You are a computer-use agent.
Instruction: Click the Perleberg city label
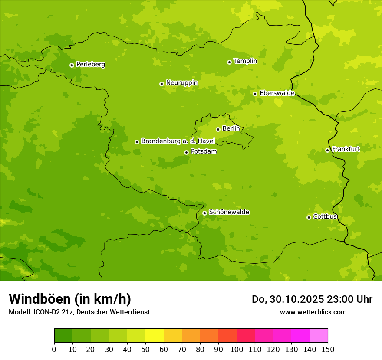[90, 65]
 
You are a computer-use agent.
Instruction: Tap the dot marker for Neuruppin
[161, 84]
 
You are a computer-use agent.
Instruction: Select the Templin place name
[245, 61]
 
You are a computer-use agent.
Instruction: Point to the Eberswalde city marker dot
[255, 94]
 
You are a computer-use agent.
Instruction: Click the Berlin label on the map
[231, 128]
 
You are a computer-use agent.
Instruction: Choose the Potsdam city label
[204, 151]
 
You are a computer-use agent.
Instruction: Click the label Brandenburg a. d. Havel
[178, 141]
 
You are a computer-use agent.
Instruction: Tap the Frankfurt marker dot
[327, 150]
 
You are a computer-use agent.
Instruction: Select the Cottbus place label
[325, 216]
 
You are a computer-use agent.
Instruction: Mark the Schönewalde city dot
[204, 213]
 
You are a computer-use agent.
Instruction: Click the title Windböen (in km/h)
[70, 299]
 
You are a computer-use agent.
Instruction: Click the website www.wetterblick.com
[313, 312]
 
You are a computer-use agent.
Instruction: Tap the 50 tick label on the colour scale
[145, 349]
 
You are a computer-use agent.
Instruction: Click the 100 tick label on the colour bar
[237, 349]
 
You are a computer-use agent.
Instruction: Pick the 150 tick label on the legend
[328, 349]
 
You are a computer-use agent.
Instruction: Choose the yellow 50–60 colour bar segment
[155, 336]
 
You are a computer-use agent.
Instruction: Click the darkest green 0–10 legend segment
[63, 336]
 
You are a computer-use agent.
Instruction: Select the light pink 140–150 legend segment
[319, 336]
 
